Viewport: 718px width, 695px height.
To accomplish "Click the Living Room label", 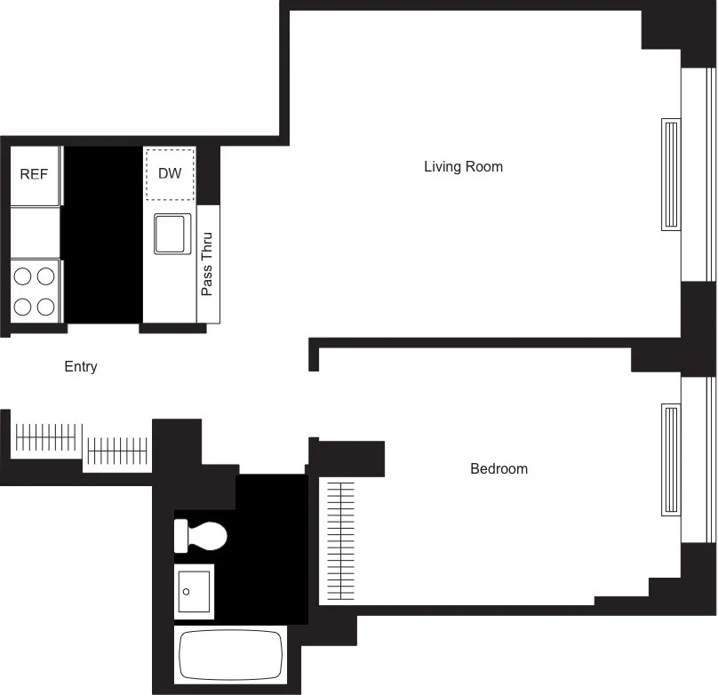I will click(x=463, y=167).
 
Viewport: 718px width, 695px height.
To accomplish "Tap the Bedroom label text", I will click(x=499, y=469).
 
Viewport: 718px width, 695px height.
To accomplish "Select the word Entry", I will click(x=81, y=367).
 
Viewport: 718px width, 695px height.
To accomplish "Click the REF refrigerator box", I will click(x=35, y=175).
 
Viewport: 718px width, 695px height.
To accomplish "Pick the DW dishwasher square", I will click(x=170, y=173).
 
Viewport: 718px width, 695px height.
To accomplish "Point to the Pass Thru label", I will click(x=208, y=264).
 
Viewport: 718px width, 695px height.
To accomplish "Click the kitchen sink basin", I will click(x=172, y=234).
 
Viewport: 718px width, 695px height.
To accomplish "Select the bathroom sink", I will click(x=194, y=590).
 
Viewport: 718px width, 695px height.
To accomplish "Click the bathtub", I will click(x=230, y=655).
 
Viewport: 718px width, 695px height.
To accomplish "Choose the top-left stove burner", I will click(x=23, y=276).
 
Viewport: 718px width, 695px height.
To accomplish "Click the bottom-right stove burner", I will click(x=45, y=307).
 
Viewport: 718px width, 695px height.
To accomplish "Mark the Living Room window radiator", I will click(x=671, y=175).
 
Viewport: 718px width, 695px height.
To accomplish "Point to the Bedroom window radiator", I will click(x=671, y=459).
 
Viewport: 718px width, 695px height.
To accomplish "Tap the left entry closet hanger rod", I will click(x=48, y=436).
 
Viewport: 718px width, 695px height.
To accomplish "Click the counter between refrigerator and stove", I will click(x=35, y=233).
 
